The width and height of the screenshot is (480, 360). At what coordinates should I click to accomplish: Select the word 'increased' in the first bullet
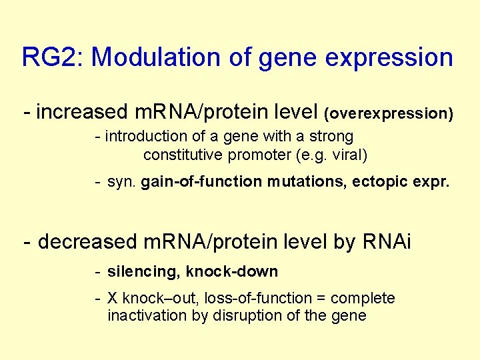(81, 112)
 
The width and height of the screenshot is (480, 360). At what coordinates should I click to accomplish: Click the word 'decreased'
(88, 242)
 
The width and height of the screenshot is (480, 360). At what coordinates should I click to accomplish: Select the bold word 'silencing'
(143, 272)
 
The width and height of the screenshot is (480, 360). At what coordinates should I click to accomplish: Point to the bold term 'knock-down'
(233, 272)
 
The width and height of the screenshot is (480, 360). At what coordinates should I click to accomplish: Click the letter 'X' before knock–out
(113, 298)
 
